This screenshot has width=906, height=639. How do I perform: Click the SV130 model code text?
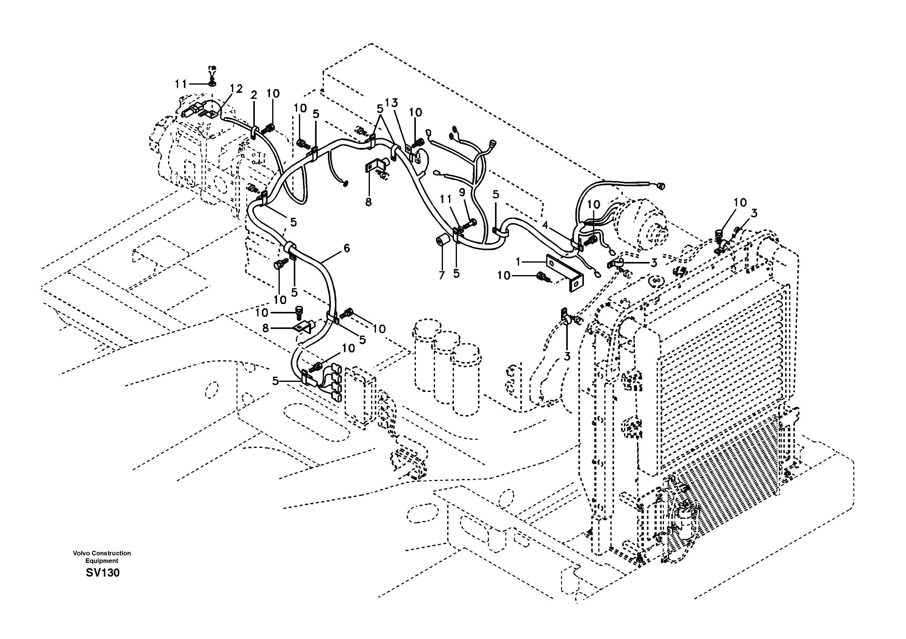coord(103,572)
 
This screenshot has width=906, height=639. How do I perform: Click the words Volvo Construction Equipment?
coord(102,557)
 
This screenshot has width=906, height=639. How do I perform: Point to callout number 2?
coord(254,95)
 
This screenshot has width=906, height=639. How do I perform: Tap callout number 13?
coord(392,103)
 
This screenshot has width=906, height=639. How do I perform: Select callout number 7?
coord(441,275)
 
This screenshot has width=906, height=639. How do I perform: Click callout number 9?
coord(462,193)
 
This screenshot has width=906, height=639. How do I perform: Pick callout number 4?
coord(545,225)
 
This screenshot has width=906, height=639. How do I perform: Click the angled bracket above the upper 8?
coord(375,165)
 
